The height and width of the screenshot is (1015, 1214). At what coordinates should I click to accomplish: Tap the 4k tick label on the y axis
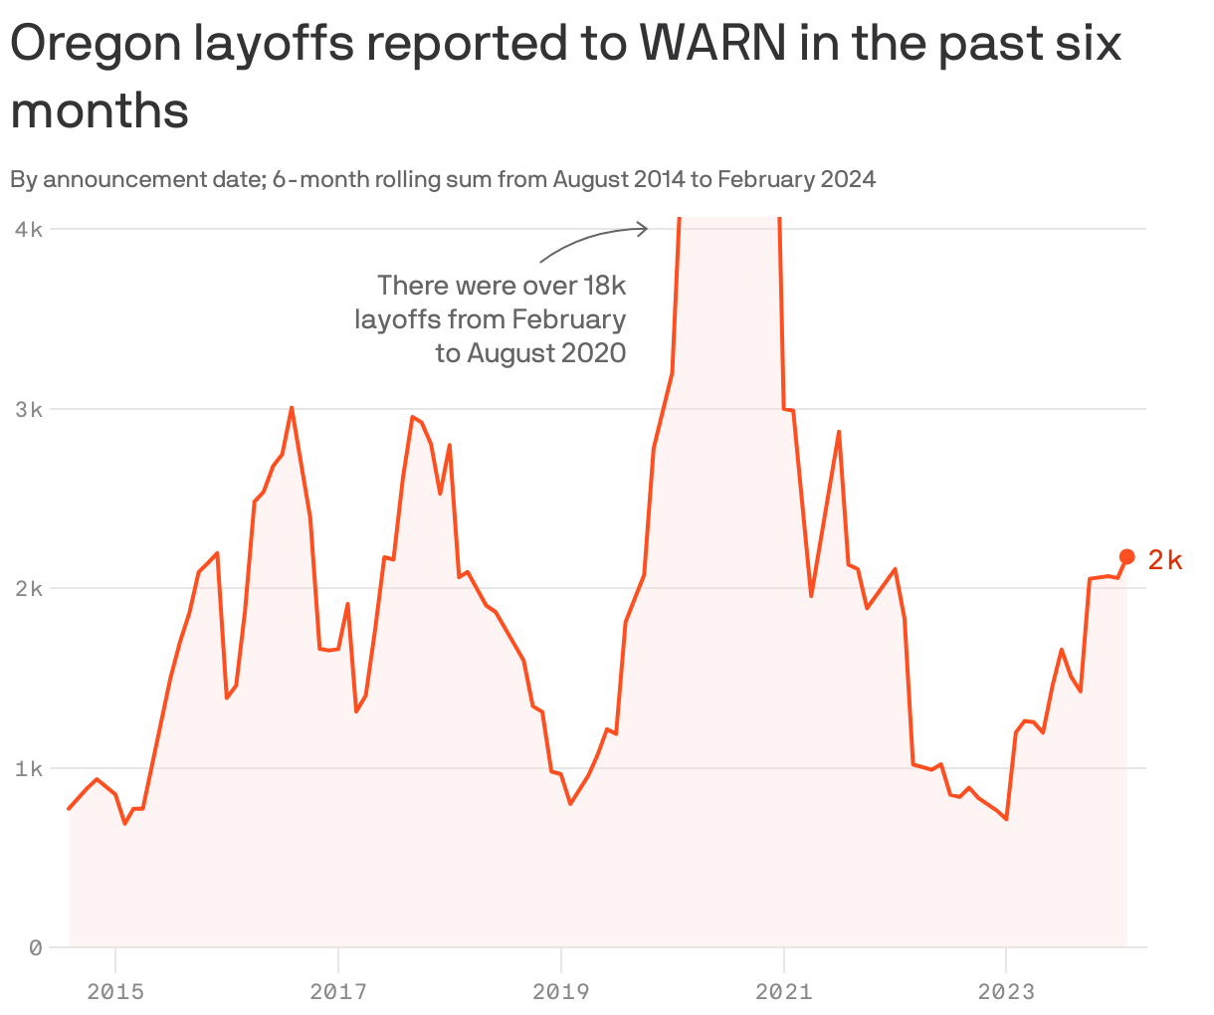tap(29, 229)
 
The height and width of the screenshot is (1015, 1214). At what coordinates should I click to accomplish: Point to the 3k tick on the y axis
tap(29, 409)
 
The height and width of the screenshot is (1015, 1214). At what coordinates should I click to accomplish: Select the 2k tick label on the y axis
tap(29, 588)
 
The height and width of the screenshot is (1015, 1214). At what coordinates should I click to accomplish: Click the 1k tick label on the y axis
tap(29, 768)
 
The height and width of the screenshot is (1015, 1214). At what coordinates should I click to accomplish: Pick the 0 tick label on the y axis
tap(35, 947)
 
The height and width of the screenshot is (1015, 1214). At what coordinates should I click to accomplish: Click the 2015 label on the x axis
tap(115, 991)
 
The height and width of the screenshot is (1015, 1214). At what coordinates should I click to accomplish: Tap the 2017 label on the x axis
tap(338, 991)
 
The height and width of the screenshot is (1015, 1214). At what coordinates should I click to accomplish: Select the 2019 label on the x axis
tap(561, 991)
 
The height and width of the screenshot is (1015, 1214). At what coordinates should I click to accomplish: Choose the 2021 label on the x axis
tap(784, 991)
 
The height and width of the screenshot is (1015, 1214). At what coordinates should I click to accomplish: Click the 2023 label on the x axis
tap(1006, 991)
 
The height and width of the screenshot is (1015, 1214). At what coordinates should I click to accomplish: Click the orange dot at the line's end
tap(1126, 556)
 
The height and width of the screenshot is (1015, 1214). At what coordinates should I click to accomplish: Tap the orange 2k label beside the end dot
tap(1164, 560)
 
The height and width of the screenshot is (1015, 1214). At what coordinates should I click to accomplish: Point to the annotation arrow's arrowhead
tap(645, 229)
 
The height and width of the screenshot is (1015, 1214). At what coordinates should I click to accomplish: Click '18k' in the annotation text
tap(604, 287)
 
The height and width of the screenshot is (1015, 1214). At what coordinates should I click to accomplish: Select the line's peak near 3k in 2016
tap(291, 407)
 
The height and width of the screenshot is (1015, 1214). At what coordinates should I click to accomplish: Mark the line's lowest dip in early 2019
tap(570, 803)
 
